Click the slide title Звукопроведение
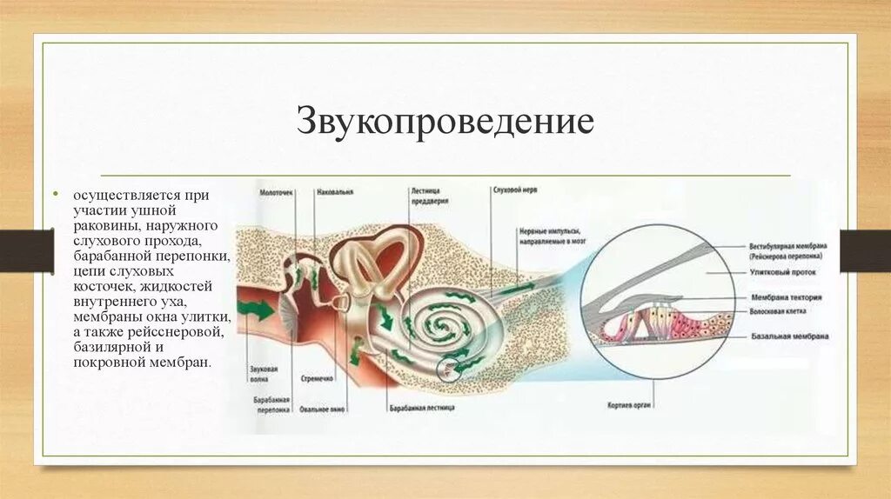(445, 122)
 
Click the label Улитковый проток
(777, 272)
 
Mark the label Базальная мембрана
(788, 336)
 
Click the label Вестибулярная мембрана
(787, 247)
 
